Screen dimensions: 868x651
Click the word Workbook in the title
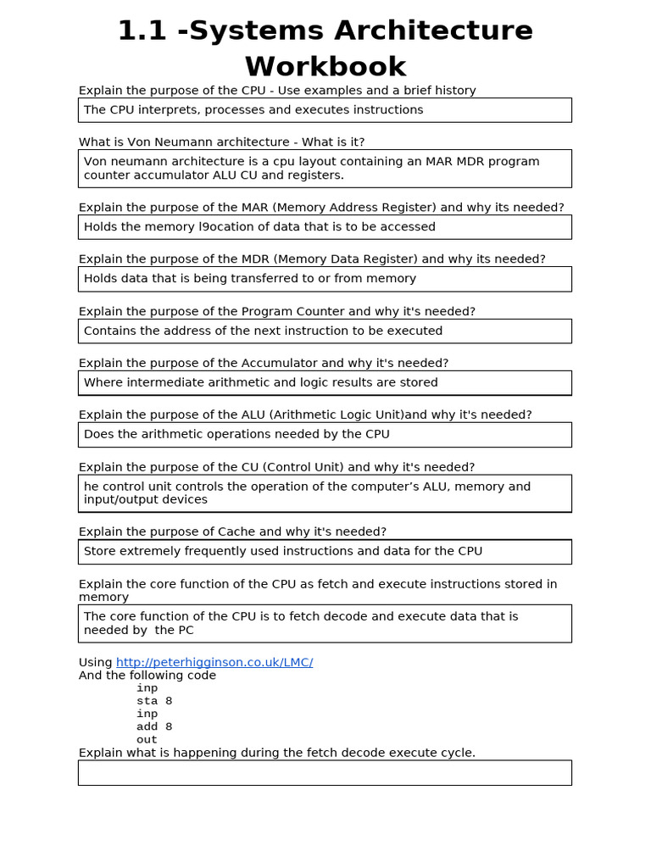pos(325,66)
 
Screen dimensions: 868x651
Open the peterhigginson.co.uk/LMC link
pos(214,662)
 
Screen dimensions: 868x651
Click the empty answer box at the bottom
pos(325,772)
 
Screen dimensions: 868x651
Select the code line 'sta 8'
pos(154,701)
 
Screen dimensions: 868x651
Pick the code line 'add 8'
pos(154,726)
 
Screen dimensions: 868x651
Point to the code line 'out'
pos(147,739)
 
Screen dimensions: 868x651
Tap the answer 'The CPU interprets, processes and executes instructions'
pos(253,109)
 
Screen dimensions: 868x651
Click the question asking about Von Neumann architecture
pos(221,142)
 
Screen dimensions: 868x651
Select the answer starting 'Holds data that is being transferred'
pos(250,278)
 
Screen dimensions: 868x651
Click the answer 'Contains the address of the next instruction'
pos(263,331)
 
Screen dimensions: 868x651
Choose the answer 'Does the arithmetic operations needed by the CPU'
pos(236,434)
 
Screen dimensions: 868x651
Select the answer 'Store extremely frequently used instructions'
pos(283,551)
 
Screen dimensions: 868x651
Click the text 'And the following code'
pos(147,676)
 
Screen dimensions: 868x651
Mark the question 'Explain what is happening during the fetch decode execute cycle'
pos(277,753)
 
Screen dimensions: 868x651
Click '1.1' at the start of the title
pos(138,31)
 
